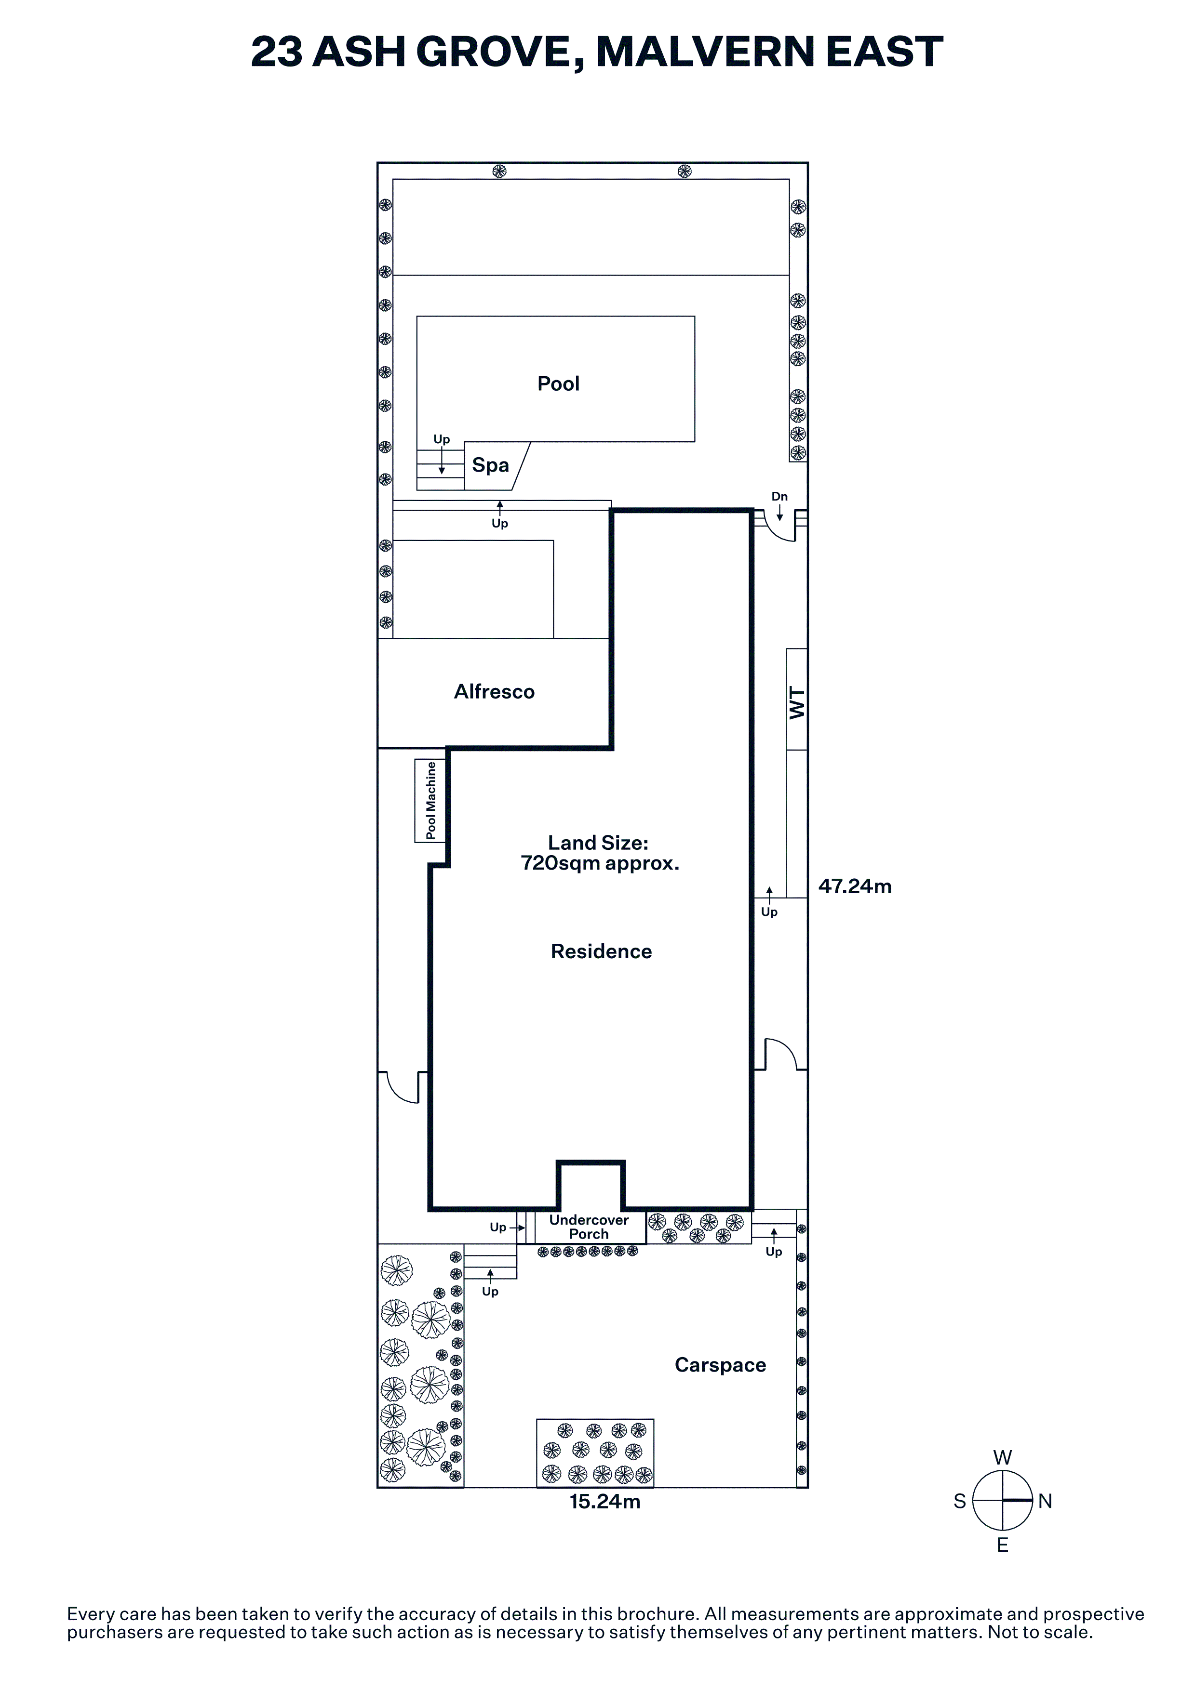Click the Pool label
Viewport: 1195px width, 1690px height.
pos(558,383)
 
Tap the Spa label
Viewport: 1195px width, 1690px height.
pos(490,465)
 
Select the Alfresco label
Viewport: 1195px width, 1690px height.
pos(494,691)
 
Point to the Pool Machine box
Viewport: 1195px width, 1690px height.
pos(431,800)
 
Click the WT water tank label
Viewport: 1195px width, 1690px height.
pos(797,702)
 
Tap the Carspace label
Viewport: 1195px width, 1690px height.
pos(720,1365)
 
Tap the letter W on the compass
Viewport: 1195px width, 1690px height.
pos(1002,1457)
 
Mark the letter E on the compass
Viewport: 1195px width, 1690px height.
pos(1002,1545)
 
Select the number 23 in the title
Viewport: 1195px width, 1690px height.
pos(276,52)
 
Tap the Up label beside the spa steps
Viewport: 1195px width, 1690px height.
pos(442,439)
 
